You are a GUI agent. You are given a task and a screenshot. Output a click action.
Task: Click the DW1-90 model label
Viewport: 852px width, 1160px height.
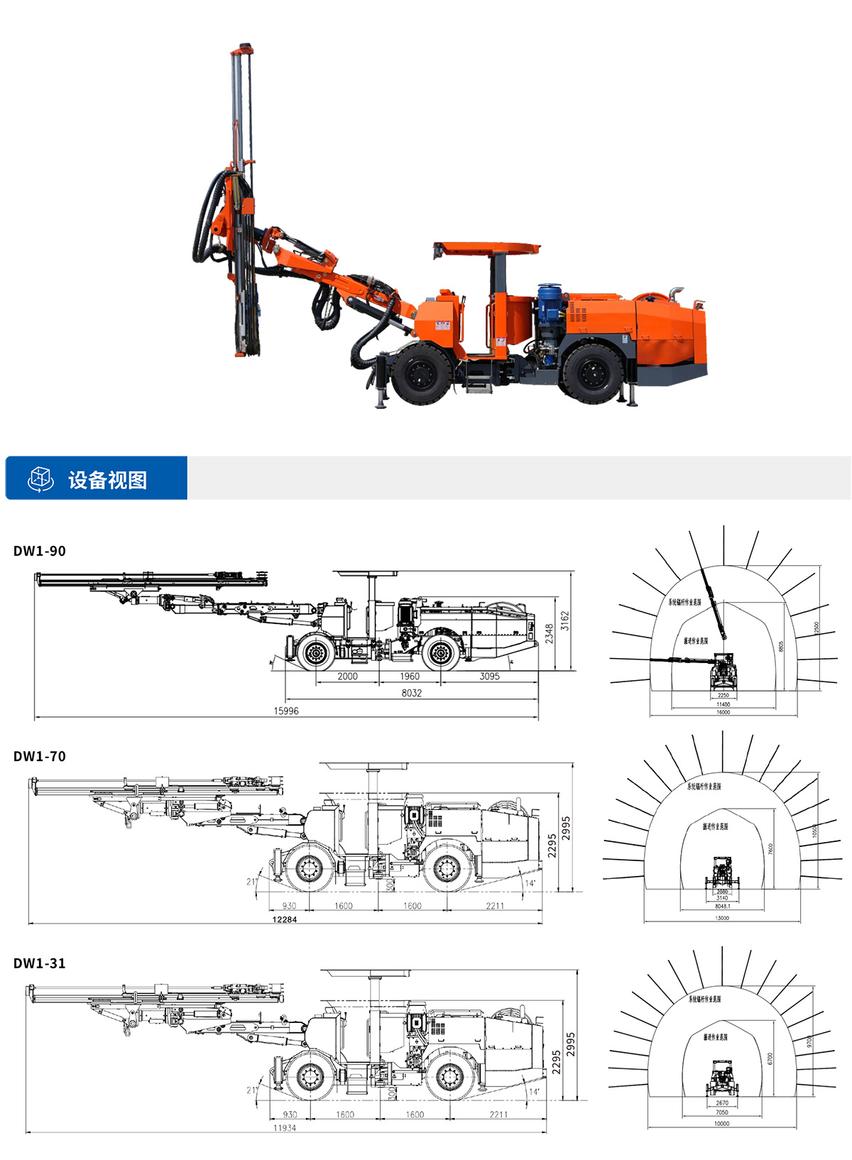tap(40, 551)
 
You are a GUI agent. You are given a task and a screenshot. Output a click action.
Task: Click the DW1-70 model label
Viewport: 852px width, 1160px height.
tap(40, 757)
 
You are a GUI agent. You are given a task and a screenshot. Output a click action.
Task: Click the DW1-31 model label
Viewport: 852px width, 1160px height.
tap(40, 963)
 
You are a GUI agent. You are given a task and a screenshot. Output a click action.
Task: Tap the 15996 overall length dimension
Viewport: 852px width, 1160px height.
tap(286, 711)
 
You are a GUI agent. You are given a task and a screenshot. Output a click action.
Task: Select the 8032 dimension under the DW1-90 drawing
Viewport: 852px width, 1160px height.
tap(411, 693)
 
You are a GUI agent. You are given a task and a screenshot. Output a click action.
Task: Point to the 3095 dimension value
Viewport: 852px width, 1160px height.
tap(489, 676)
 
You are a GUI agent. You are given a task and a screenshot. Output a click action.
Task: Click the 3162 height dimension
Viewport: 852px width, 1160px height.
tap(564, 620)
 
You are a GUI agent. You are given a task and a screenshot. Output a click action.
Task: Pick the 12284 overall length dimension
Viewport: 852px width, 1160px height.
tap(285, 919)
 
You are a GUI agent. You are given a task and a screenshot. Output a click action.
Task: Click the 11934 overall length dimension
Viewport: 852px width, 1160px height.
tap(285, 1127)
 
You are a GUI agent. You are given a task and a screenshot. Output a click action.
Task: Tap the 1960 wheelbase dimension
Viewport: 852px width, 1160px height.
tap(410, 676)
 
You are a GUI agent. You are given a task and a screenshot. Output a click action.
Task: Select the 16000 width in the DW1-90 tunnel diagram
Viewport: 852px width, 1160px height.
tap(723, 712)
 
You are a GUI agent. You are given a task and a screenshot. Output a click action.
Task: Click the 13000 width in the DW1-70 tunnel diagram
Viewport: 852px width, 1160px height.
tap(722, 918)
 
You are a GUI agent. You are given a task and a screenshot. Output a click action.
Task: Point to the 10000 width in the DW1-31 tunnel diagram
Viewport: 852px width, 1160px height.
tap(721, 1124)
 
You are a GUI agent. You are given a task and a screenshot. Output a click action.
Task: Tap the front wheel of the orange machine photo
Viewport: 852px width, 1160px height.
tap(422, 372)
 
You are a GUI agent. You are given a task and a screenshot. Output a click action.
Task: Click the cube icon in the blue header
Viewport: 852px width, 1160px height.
tap(40, 478)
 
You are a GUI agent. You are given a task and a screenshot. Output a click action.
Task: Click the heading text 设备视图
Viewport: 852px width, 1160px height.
tap(108, 480)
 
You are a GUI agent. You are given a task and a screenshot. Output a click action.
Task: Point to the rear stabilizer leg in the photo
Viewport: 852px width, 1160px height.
tap(630, 395)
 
